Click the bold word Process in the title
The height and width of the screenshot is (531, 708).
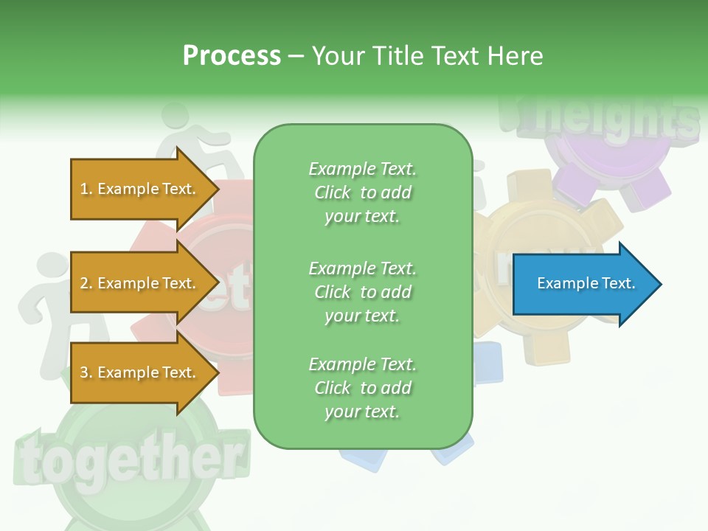(232, 56)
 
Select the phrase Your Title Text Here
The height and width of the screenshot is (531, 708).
(427, 56)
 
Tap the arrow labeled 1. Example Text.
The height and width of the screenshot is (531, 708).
(140, 189)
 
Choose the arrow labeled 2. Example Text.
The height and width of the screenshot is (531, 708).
(140, 283)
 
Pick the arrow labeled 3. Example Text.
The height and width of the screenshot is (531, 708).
(140, 372)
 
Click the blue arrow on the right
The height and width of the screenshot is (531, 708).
(583, 283)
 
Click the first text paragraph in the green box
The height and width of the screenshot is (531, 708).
(362, 192)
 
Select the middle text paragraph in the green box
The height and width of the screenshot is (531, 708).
(362, 292)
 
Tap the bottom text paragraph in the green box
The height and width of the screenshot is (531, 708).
(362, 388)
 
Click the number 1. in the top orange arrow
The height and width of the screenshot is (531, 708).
(86, 189)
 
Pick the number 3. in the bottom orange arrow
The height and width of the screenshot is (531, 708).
(86, 372)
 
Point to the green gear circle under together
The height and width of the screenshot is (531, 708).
(125, 494)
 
